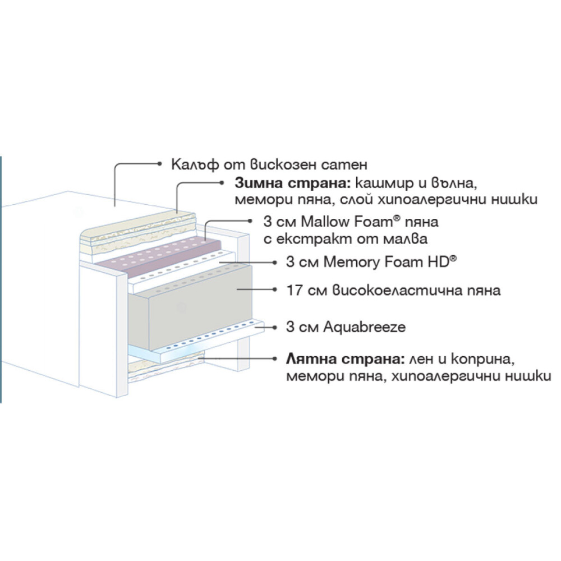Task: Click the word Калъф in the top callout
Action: pyautogui.click(x=195, y=164)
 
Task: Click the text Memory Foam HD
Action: pyautogui.click(x=386, y=262)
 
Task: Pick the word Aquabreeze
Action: pyautogui.click(x=365, y=327)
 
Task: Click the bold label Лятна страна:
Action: pyautogui.click(x=345, y=359)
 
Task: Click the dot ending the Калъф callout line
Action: pyautogui.click(x=159, y=164)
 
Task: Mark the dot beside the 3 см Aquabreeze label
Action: pyautogui.click(x=275, y=327)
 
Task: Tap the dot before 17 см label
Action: pyautogui.click(x=275, y=290)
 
